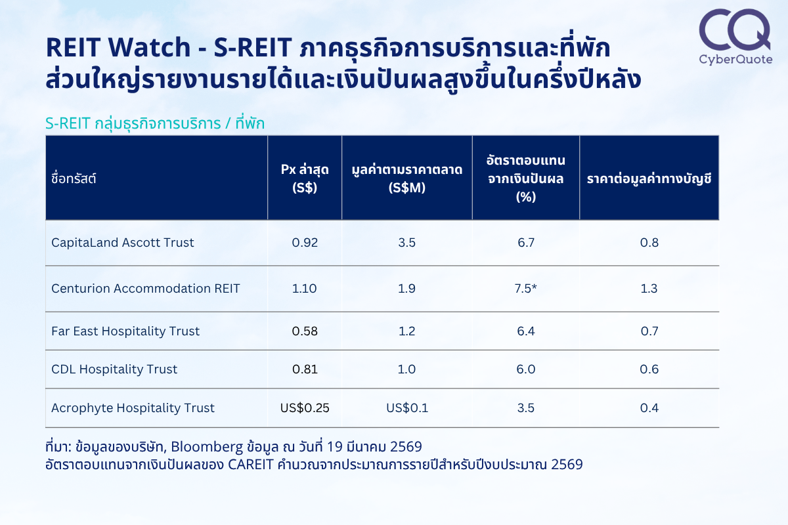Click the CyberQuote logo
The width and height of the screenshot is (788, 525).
point(735,37)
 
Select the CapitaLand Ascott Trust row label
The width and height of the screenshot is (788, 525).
point(122,243)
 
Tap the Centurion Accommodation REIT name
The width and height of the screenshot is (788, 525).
point(145,288)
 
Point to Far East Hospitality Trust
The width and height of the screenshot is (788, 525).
point(125,331)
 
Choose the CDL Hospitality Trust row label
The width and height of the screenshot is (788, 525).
point(114,369)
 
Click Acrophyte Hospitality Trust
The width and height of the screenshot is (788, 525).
point(133,408)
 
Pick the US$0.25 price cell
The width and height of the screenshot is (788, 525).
point(305,408)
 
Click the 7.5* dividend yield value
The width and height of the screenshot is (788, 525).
point(525,288)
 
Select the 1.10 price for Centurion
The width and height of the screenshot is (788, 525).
point(304,288)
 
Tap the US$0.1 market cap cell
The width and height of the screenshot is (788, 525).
point(407,408)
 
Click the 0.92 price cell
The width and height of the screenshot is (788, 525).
point(305,243)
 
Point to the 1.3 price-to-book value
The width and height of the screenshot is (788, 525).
point(649,288)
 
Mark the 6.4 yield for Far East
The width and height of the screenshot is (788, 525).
point(526,331)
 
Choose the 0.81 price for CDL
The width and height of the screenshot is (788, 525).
point(305,369)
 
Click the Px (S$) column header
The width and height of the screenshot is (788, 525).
point(305,178)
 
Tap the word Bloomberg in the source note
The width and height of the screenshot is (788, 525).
point(207,447)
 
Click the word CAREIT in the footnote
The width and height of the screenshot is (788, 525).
point(250,465)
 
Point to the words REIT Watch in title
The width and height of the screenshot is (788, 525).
point(118,47)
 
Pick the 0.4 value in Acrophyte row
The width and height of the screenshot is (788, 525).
point(649,408)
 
